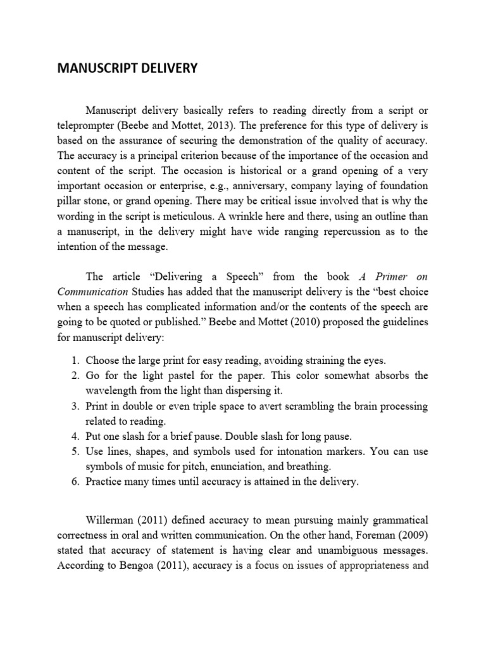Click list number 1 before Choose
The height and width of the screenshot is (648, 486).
pyautogui.click(x=75, y=361)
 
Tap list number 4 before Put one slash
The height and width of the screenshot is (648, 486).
pyautogui.click(x=75, y=437)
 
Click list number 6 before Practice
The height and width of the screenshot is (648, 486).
pyautogui.click(x=75, y=482)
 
